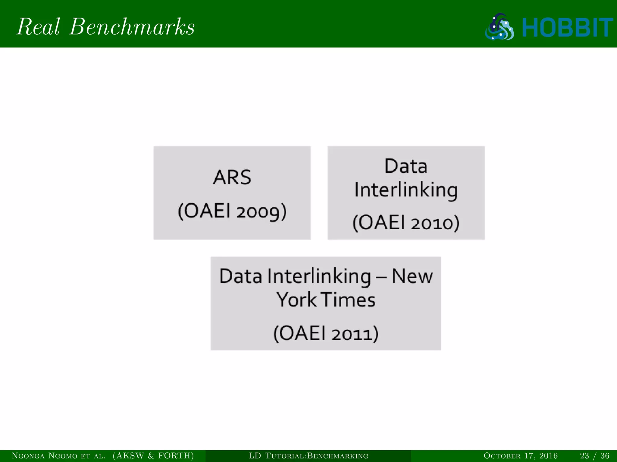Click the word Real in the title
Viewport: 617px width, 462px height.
tap(38, 27)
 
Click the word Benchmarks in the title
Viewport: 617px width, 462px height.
tap(132, 27)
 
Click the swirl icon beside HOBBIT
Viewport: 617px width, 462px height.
tap(500, 27)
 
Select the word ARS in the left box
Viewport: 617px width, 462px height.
tap(232, 177)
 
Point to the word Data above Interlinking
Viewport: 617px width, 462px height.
tap(406, 166)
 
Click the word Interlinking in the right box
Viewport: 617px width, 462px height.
tap(406, 190)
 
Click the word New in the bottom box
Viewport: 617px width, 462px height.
tap(412, 276)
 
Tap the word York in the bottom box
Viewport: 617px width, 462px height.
tap(296, 300)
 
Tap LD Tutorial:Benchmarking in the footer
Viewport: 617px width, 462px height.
tap(308, 456)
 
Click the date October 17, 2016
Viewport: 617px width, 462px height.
tap(521, 456)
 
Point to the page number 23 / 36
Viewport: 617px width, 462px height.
tap(594, 456)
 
